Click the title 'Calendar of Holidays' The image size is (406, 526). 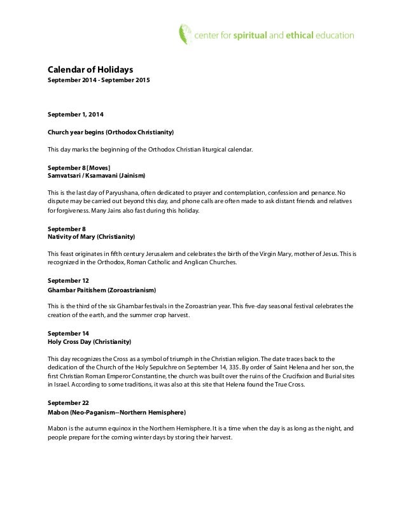tap(90, 69)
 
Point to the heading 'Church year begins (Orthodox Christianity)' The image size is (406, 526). tap(111, 132)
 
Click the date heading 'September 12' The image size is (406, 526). tap(69, 280)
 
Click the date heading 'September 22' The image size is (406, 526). tap(69, 403)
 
